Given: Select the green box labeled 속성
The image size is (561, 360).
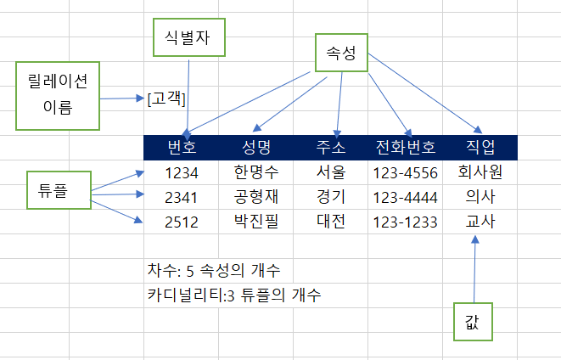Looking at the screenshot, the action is (x=340, y=56).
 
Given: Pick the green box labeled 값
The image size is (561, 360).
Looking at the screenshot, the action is (x=473, y=322).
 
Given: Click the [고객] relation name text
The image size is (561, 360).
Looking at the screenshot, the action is (x=166, y=98).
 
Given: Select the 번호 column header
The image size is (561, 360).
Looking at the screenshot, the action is (x=182, y=148).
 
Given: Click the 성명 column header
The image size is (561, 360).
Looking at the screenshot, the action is (x=256, y=148).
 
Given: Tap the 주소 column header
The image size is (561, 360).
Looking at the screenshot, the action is (x=331, y=148).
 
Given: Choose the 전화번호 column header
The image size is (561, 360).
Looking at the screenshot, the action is (x=405, y=148).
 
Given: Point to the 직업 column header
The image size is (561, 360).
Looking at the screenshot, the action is (x=480, y=148).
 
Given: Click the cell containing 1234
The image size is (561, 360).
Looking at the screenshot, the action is (x=182, y=173).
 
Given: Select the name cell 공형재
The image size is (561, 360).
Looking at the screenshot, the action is (x=256, y=198).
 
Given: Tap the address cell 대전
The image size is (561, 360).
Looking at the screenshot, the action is (x=331, y=222).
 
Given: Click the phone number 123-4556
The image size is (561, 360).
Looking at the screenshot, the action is (x=405, y=173).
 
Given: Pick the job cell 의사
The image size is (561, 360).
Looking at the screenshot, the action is (x=480, y=198).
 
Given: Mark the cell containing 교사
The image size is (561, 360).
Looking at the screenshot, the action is (x=480, y=222).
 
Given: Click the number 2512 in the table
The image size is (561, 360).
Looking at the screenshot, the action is (x=182, y=222).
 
